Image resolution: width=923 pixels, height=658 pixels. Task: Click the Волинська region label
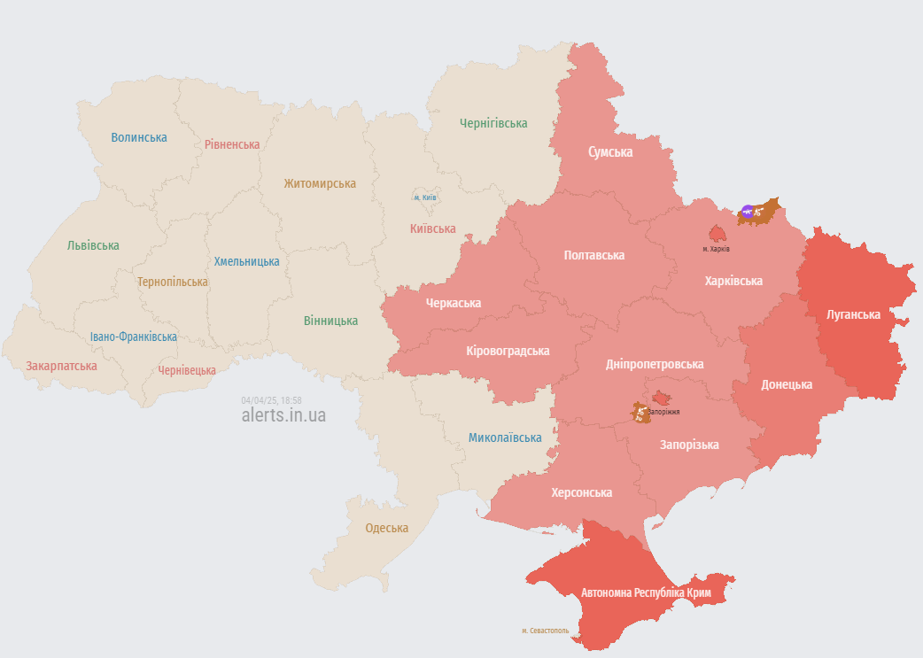138,137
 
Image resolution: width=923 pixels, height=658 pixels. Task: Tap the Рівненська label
231,144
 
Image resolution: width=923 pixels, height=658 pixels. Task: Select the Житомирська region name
320,183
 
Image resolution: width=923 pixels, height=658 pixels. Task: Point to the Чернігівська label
493,123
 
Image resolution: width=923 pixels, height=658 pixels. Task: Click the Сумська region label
610,151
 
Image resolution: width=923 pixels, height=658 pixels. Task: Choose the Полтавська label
593,255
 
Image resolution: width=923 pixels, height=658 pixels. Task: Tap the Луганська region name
852,314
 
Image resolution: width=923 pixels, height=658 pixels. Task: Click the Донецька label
786,384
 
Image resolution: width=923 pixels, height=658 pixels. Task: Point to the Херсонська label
581,492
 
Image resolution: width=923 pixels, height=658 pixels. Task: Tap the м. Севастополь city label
545,631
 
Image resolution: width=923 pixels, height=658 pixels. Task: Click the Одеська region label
386,528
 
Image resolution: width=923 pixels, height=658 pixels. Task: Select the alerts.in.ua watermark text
283,415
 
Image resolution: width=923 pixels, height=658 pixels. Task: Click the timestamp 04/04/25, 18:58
271,400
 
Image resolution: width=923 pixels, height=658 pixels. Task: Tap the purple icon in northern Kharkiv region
748,211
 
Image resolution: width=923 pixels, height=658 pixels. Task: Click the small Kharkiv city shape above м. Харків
717,234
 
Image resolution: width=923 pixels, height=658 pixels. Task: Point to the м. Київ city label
424,197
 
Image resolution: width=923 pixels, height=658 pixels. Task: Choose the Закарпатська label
61,365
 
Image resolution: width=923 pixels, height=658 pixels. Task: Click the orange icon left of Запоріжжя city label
639,412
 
